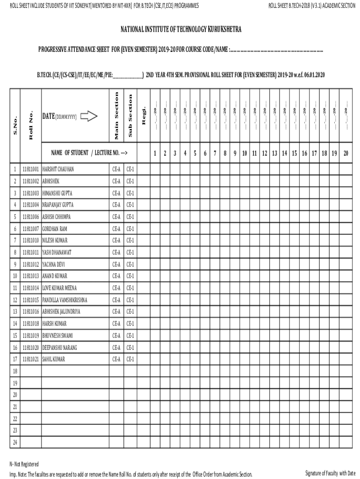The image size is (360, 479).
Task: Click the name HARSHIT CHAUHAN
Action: tap(58, 169)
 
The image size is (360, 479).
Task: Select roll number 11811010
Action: tap(31, 240)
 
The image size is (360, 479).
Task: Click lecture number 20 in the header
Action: tap(346, 153)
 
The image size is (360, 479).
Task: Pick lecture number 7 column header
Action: tap(215, 153)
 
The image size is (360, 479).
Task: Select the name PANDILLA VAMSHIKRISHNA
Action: tap(65, 300)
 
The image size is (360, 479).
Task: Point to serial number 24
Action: tap(15, 443)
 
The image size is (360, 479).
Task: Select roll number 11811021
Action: tap(31, 359)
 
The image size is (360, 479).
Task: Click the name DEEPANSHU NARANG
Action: tap(60, 348)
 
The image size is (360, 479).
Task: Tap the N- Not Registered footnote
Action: tap(24, 464)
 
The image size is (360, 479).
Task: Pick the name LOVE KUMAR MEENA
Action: tap(59, 288)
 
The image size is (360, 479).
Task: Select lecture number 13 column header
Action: tap(274, 153)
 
